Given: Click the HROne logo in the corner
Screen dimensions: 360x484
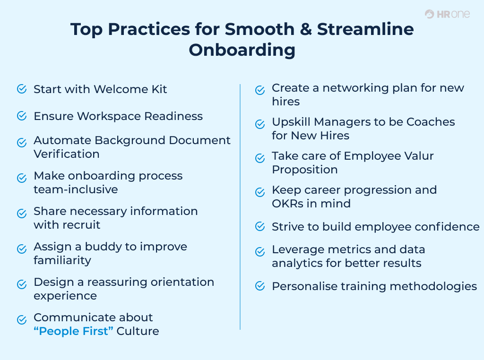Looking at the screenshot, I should (447, 14).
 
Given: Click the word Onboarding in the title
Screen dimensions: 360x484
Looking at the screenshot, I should (242, 50).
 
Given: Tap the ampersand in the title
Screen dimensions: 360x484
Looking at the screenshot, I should (299, 29).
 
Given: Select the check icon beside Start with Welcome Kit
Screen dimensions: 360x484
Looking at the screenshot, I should (22, 89).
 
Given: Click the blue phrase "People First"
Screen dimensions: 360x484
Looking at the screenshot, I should (74, 331).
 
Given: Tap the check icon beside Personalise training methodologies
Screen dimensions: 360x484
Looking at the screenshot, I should (260, 286).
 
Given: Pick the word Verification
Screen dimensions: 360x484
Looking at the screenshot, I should (67, 154).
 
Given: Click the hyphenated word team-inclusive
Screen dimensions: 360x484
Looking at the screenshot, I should (76, 189).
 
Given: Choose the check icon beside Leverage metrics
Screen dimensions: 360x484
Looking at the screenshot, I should (260, 252).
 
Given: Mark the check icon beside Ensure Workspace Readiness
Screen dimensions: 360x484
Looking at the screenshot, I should (22, 116).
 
